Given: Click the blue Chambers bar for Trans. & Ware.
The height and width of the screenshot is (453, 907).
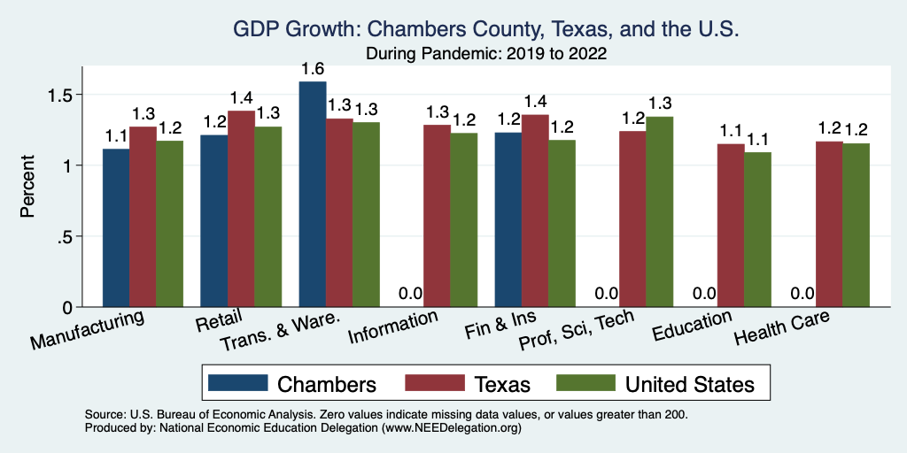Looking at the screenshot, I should click(313, 195).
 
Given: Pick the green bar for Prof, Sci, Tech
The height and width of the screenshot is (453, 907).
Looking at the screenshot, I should click(659, 212).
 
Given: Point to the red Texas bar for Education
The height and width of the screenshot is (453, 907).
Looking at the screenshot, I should click(730, 226).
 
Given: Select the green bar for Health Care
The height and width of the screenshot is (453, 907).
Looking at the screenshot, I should click(856, 226).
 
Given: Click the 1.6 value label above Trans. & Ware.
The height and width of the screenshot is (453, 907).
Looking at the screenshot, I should click(313, 68).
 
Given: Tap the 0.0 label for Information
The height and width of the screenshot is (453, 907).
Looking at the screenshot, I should click(410, 294).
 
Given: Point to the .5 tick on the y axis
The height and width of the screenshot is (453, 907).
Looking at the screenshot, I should click(69, 236).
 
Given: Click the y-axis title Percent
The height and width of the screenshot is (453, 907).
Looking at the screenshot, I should click(27, 188).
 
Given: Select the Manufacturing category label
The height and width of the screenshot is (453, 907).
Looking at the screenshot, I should click(89, 329).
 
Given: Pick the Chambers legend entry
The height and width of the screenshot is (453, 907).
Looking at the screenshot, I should click(327, 383).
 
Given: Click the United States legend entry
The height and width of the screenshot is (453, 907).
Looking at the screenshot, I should click(690, 383).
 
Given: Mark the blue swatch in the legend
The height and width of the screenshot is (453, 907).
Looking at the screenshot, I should click(237, 383).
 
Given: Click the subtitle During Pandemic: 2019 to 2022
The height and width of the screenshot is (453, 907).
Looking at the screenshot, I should click(485, 53).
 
